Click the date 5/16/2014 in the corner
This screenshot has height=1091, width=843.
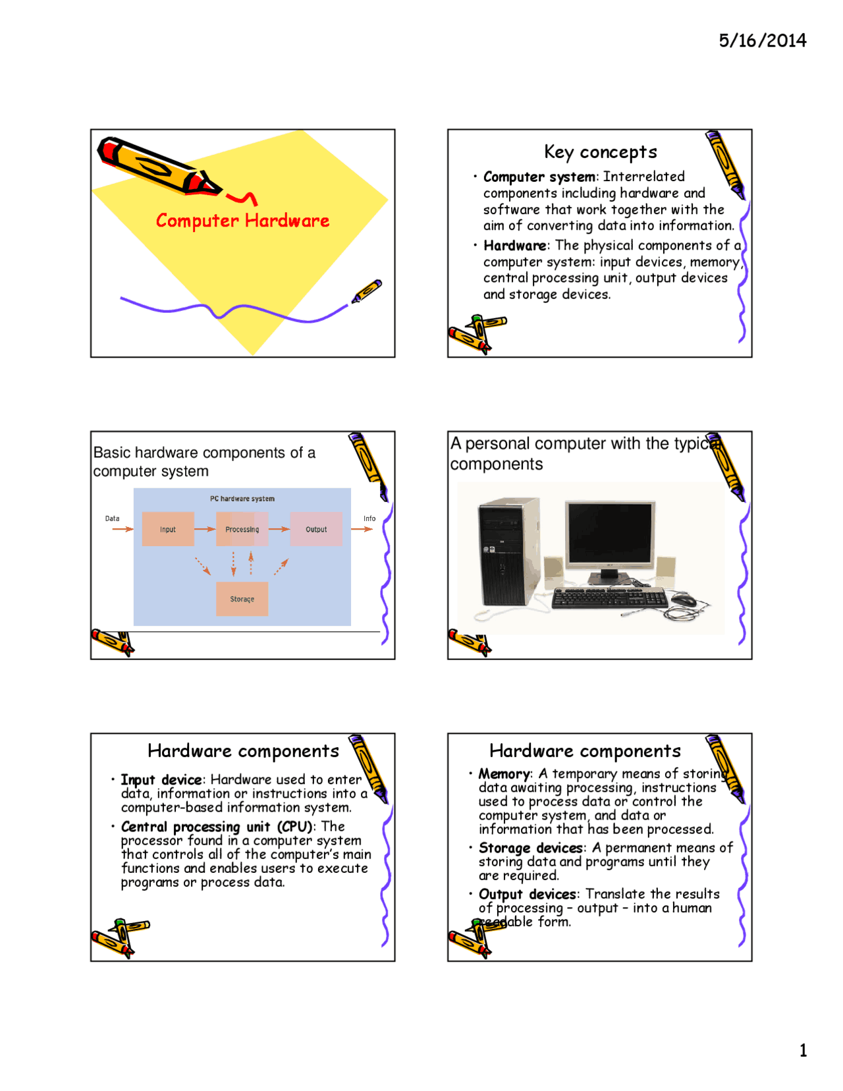pos(762,41)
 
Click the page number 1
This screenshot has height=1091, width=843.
pos(803,1050)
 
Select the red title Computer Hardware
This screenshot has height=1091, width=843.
pos(242,221)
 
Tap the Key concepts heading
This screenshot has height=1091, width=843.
pos(600,152)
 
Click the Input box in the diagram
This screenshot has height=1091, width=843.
pos(168,529)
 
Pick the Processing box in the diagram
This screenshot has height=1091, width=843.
pos(242,529)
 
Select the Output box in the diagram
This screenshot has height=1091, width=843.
pos(316,529)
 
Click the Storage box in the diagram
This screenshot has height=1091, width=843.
pos(242,599)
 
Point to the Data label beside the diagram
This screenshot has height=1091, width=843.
pos(113,518)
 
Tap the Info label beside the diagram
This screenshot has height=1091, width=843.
pos(369,518)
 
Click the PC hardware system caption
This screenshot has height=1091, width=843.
pos(242,499)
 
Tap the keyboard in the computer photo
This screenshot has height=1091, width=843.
pos(609,598)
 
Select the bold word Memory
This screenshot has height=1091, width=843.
pos(504,774)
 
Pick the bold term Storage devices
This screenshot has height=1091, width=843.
pos(531,848)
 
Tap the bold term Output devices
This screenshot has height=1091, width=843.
pos(528,894)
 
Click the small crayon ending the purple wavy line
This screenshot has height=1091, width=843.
pos(367,291)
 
